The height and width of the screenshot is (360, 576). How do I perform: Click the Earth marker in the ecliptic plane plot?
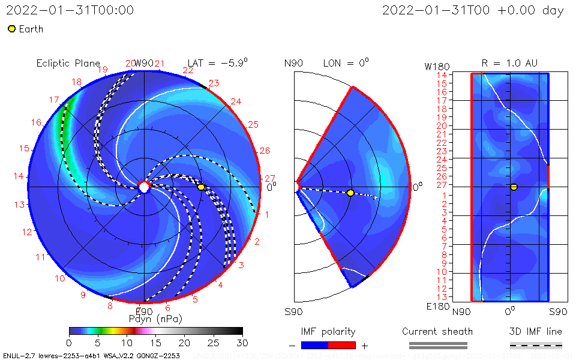[201, 187]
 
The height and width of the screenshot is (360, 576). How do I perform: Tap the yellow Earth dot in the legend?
[11, 29]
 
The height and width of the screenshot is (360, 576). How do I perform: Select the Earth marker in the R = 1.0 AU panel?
[514, 187]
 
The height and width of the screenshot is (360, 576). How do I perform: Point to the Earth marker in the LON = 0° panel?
[350, 193]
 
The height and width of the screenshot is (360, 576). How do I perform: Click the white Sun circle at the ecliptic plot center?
[144, 187]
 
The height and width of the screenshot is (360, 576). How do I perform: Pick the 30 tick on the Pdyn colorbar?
[242, 342]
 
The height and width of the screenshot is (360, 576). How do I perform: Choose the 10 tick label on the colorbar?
[127, 342]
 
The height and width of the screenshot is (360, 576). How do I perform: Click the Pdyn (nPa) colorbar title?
[155, 319]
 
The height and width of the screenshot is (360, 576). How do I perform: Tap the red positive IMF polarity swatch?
[342, 345]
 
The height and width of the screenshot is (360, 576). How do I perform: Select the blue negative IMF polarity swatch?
[315, 345]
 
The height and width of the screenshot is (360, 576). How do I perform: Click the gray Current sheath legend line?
[438, 345]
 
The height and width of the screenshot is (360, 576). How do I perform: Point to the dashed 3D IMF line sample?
[536, 345]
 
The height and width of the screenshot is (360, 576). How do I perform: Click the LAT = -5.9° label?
[217, 63]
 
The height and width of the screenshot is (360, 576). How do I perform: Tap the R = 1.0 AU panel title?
[509, 63]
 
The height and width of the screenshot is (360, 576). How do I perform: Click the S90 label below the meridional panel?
[293, 312]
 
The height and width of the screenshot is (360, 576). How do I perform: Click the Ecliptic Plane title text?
[68, 63]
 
